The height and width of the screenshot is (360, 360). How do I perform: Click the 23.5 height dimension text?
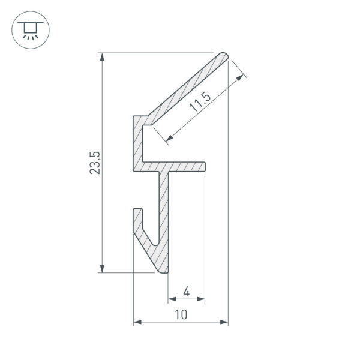pyautogui.click(x=95, y=163)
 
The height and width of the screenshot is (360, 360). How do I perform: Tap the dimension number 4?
pyautogui.click(x=186, y=292)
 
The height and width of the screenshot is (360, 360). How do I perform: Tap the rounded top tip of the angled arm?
pyautogui.click(x=224, y=56)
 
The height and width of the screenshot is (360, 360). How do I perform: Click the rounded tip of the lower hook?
pyautogui.click(x=137, y=211)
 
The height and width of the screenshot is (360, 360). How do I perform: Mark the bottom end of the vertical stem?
pyautogui.click(x=164, y=272)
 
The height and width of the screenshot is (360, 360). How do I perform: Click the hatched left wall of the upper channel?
pyautogui.click(x=137, y=141)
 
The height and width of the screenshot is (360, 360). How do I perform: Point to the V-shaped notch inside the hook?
pyautogui.click(x=154, y=243)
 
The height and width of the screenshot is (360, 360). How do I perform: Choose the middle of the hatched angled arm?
pyautogui.click(x=186, y=89)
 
